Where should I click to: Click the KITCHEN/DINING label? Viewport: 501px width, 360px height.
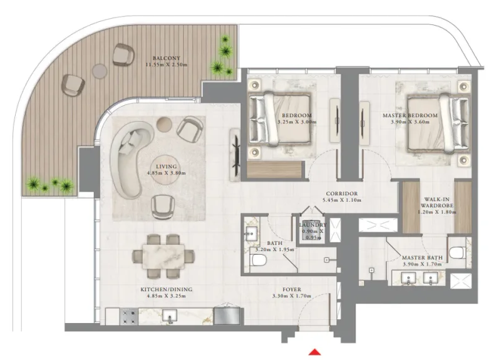pyautogui.click(x=166, y=289)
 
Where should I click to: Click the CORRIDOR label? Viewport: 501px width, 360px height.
pyautogui.click(x=341, y=194)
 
